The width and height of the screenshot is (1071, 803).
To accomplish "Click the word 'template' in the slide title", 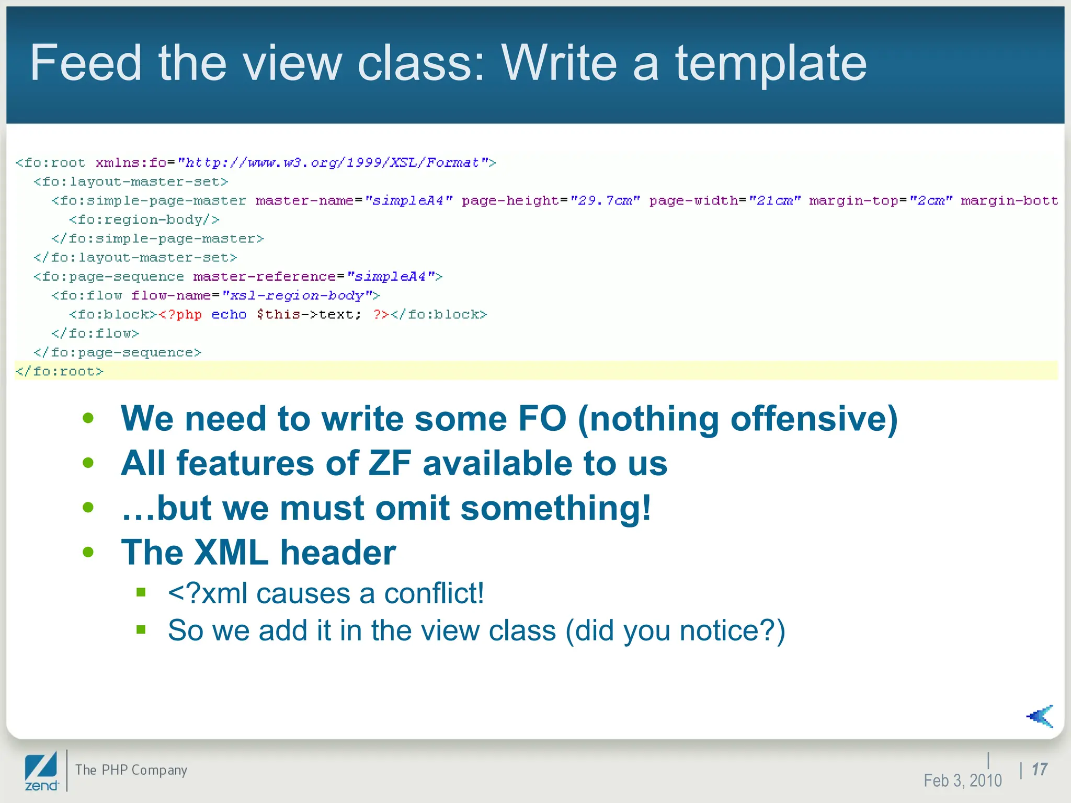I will (x=771, y=64).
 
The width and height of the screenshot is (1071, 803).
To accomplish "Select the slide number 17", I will (x=1040, y=769).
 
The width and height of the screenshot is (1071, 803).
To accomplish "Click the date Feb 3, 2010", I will (x=962, y=780).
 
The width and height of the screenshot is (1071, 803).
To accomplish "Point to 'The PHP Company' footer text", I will (x=131, y=770).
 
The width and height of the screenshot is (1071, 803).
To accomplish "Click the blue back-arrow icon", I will (x=1040, y=716).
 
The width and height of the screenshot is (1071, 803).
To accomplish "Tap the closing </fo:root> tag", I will (x=60, y=371).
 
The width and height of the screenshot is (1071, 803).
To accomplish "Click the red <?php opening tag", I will (x=180, y=314).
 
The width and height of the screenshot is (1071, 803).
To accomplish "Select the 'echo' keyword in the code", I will (x=229, y=314).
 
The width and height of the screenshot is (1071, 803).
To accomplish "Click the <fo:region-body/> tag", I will (x=144, y=220).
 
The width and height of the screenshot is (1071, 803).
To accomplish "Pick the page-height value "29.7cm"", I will (x=605, y=201).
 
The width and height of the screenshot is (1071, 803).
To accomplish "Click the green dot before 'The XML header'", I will (x=88, y=552).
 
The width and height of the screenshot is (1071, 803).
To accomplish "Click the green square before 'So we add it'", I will (x=141, y=629).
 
